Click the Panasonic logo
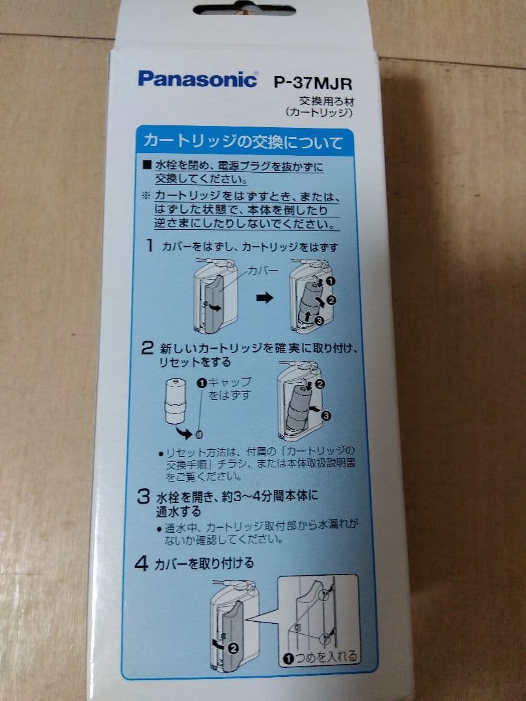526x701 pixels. [x=197, y=79]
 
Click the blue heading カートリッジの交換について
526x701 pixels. [x=242, y=141]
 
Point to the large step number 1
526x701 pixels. [x=149, y=246]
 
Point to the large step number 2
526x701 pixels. [x=147, y=347]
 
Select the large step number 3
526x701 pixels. [x=144, y=497]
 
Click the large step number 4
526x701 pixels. [x=142, y=564]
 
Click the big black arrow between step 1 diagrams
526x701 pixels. [x=264, y=299]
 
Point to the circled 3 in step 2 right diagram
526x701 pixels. [x=326, y=414]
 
